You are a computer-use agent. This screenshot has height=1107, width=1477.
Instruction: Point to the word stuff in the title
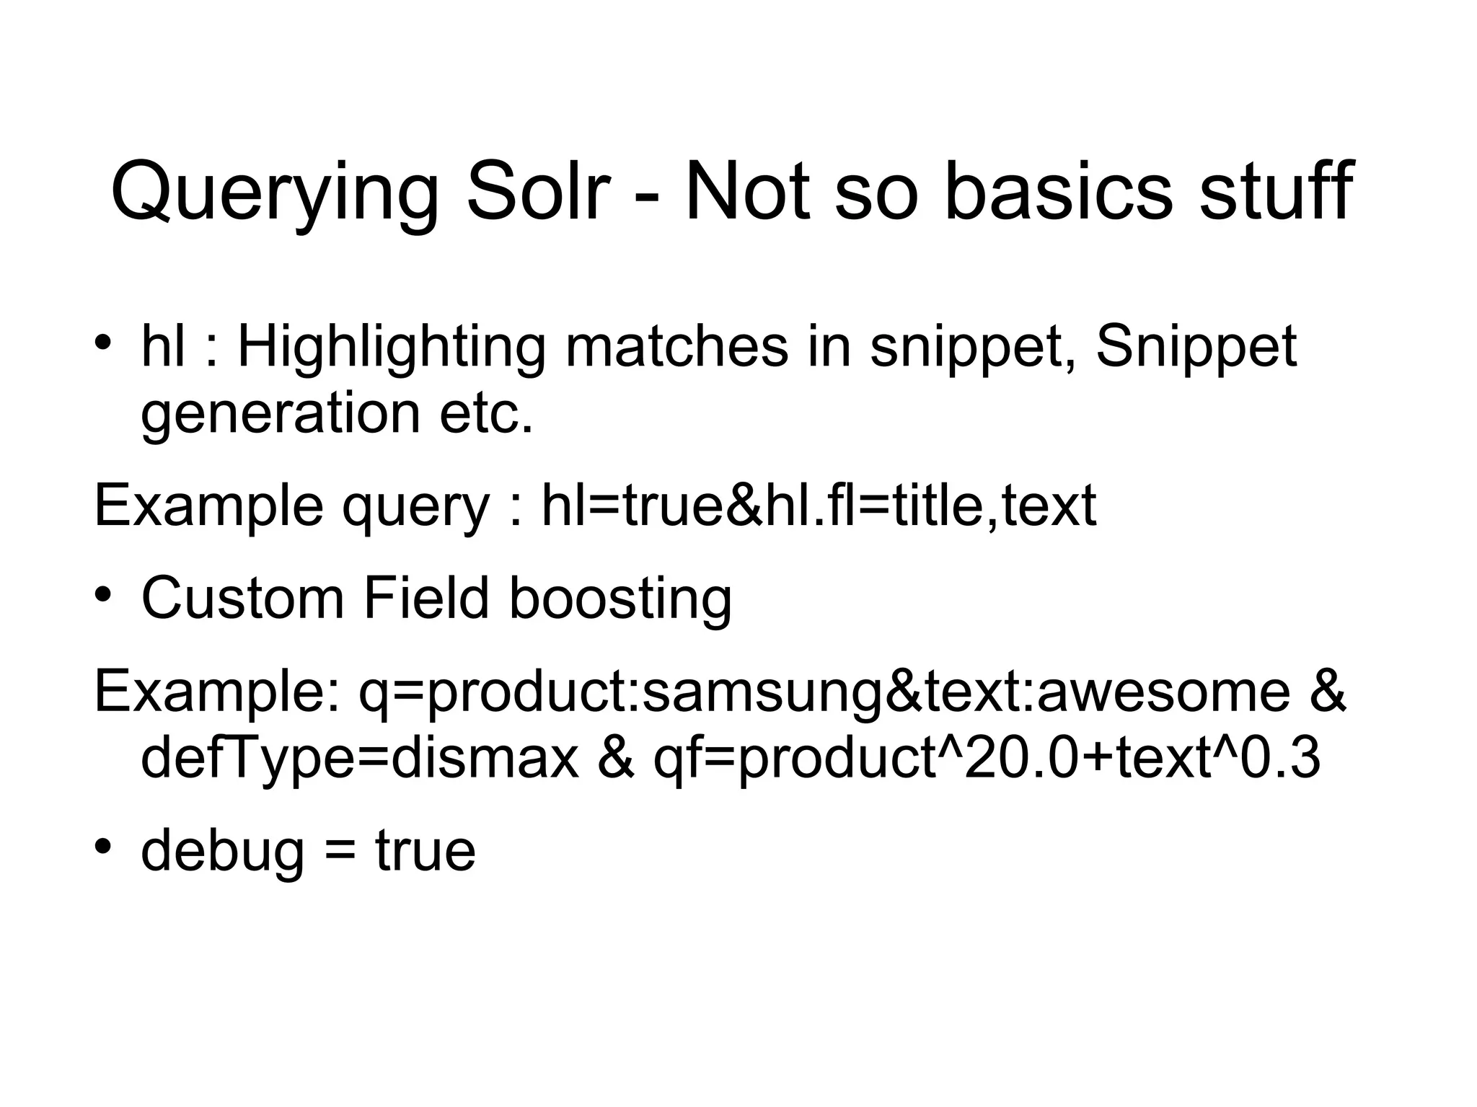click(1276, 192)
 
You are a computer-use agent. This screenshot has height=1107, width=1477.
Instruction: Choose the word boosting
click(620, 599)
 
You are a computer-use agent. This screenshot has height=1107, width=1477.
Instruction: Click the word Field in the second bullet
click(426, 598)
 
